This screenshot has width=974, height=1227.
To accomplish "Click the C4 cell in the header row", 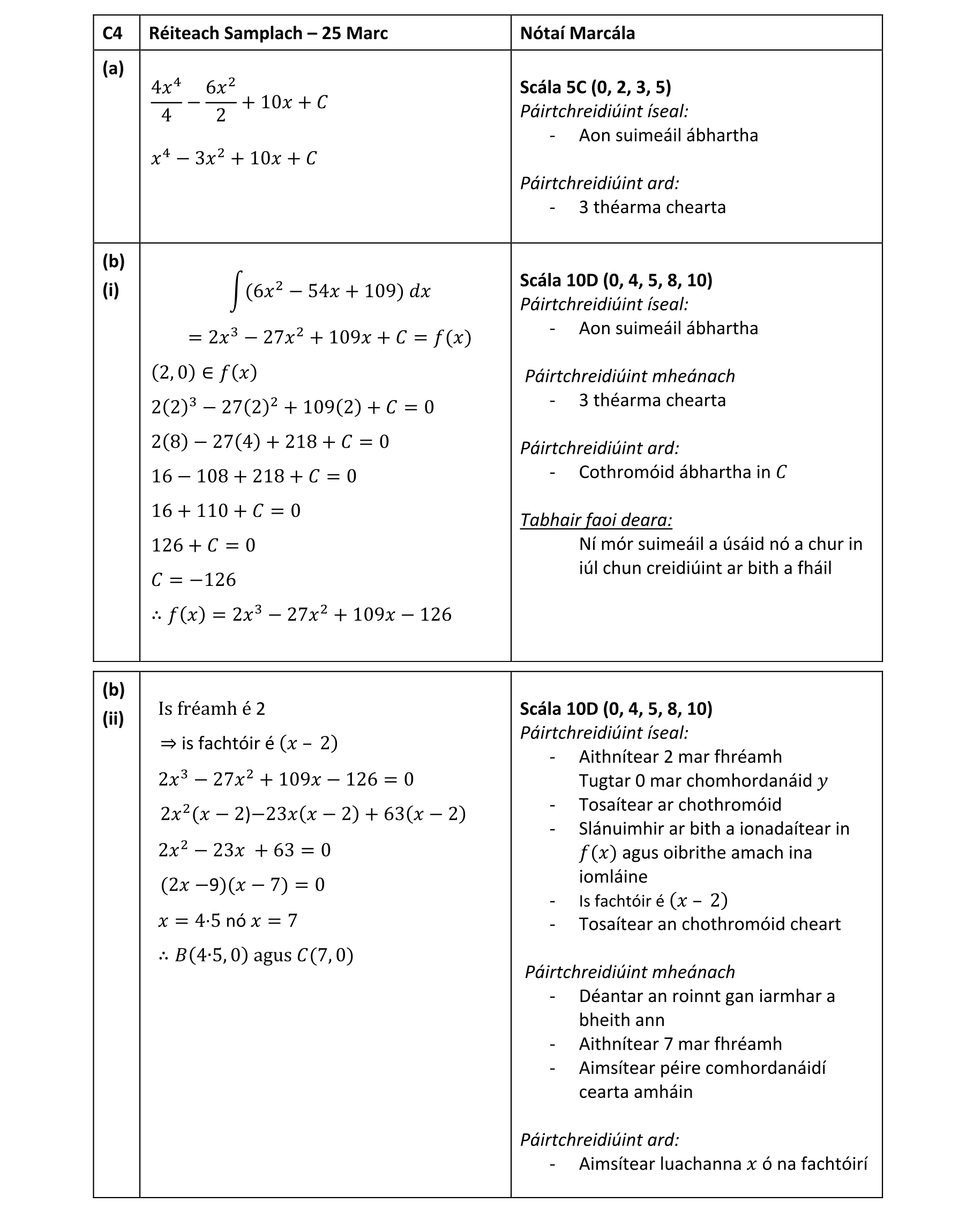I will [113, 33].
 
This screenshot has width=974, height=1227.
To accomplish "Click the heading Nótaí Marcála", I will [576, 33].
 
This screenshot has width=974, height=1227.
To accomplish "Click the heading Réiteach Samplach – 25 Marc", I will [268, 33].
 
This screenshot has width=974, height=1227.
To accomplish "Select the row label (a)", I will [113, 69].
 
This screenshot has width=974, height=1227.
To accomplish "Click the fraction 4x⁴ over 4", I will [166, 101].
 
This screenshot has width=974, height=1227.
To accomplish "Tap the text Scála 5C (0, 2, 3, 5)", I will [595, 87].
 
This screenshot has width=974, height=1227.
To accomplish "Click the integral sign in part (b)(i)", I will [236, 291].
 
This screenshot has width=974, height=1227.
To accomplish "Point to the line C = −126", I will [193, 579].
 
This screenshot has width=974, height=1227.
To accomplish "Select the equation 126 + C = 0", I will [203, 545].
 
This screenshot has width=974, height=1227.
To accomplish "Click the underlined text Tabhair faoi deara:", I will [595, 520].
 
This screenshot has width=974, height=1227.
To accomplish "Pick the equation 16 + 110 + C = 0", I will [226, 510].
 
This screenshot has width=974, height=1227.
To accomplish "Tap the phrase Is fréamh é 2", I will [212, 709].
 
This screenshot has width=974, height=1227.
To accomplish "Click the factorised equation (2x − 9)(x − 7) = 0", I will [243, 884].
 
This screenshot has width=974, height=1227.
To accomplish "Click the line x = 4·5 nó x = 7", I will [228, 920].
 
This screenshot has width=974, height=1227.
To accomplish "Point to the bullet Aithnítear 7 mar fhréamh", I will [680, 1044].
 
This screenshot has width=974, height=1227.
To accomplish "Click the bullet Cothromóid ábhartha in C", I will [682, 472].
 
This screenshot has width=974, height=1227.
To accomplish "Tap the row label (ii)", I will [113, 719].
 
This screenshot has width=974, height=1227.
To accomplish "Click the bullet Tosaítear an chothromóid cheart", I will [709, 924].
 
